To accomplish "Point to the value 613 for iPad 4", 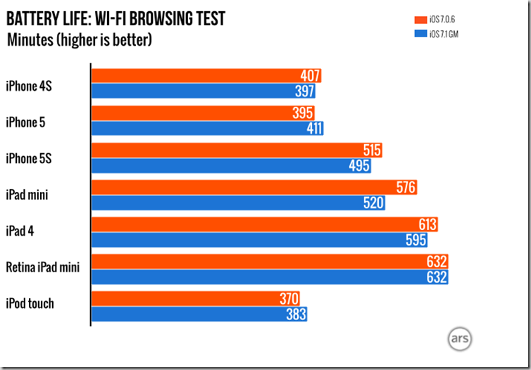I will click(x=427, y=224).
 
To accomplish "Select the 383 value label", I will click(x=295, y=313).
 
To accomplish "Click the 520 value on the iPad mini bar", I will click(x=373, y=203).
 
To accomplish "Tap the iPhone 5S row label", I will click(x=29, y=158).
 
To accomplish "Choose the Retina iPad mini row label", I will click(x=43, y=267).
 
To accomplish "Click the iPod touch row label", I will click(x=30, y=304).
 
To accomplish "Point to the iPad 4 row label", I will click(x=20, y=231).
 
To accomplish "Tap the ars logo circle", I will click(x=459, y=338).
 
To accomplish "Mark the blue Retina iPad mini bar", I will click(x=268, y=277).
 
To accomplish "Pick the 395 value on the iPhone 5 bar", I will click(x=303, y=113).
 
